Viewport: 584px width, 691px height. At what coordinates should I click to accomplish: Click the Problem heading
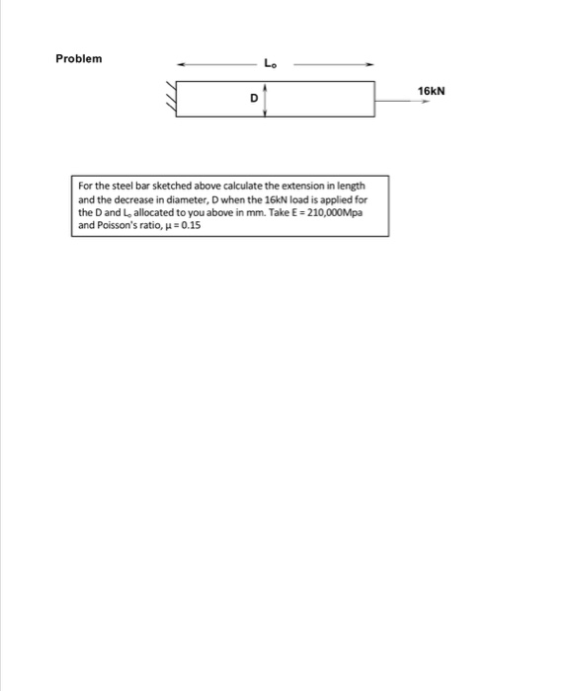click(x=78, y=59)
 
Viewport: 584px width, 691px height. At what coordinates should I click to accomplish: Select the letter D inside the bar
click(x=254, y=98)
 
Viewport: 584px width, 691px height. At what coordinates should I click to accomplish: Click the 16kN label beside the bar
click(x=432, y=90)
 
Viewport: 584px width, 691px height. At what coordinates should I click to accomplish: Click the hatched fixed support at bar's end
click(x=170, y=99)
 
